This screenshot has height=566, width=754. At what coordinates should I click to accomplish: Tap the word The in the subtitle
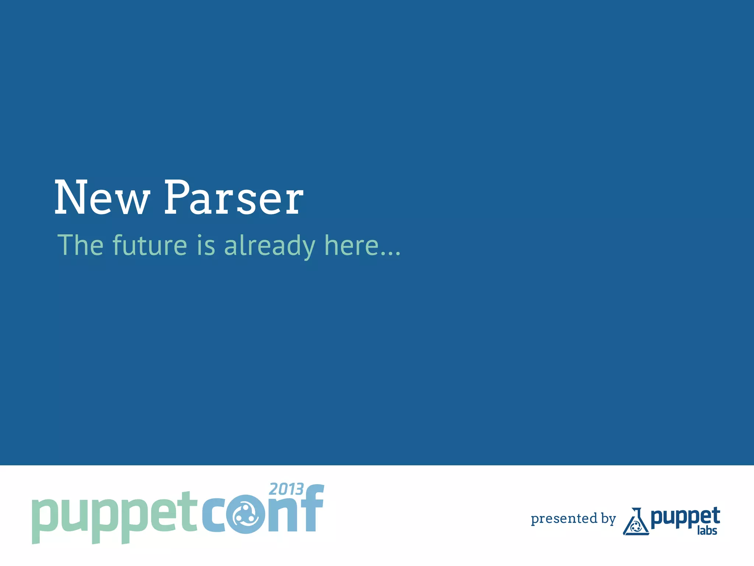[81, 245]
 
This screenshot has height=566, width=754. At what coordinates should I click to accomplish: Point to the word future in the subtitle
[150, 245]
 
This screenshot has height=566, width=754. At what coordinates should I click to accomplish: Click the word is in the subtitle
[206, 245]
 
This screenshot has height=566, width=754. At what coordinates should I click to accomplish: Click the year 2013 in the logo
[286, 489]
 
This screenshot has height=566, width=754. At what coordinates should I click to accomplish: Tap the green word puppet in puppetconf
[114, 516]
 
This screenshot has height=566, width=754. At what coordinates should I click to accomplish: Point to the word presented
[564, 519]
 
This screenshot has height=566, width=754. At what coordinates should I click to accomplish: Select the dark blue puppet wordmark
[685, 517]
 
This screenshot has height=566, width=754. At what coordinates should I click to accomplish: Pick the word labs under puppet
[707, 531]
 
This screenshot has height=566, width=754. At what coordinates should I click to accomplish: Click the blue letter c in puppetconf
[214, 516]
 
